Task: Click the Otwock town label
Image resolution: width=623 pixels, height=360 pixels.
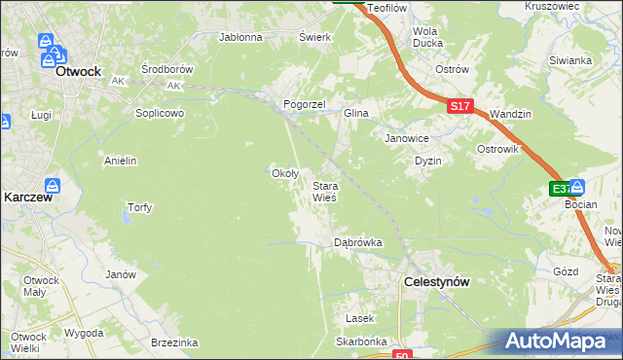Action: [x=79, y=71]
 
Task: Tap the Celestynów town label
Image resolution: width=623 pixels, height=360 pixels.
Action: [x=437, y=281]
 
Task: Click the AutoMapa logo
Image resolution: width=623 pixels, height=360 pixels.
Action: [x=560, y=342]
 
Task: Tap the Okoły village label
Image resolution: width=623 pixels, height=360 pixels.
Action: [x=283, y=173]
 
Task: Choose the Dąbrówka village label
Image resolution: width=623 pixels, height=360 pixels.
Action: [x=357, y=242]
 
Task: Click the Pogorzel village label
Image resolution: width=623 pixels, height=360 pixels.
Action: [x=303, y=103]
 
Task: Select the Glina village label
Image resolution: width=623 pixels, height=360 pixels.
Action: [x=355, y=113]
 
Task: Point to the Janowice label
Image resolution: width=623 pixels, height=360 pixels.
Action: [x=407, y=137]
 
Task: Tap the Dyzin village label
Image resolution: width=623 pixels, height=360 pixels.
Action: [x=428, y=161]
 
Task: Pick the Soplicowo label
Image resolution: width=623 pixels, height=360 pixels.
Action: [x=160, y=113]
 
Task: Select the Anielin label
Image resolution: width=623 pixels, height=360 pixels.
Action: [x=120, y=161]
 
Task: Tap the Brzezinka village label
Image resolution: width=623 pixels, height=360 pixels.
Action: [x=175, y=342]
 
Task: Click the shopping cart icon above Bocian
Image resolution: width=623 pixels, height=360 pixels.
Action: [x=577, y=186]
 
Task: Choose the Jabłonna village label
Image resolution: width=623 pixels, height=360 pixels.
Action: [x=241, y=38]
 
